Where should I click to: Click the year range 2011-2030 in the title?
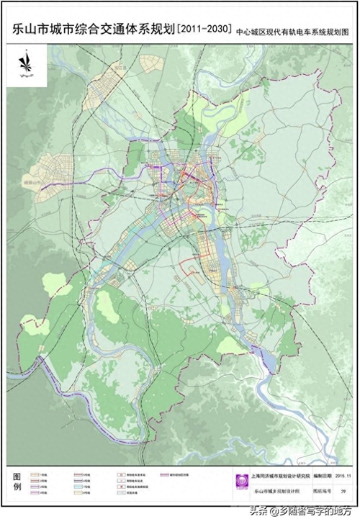click(205, 30)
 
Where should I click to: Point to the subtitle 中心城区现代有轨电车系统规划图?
click(296, 31)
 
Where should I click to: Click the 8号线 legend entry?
click(84, 495)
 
